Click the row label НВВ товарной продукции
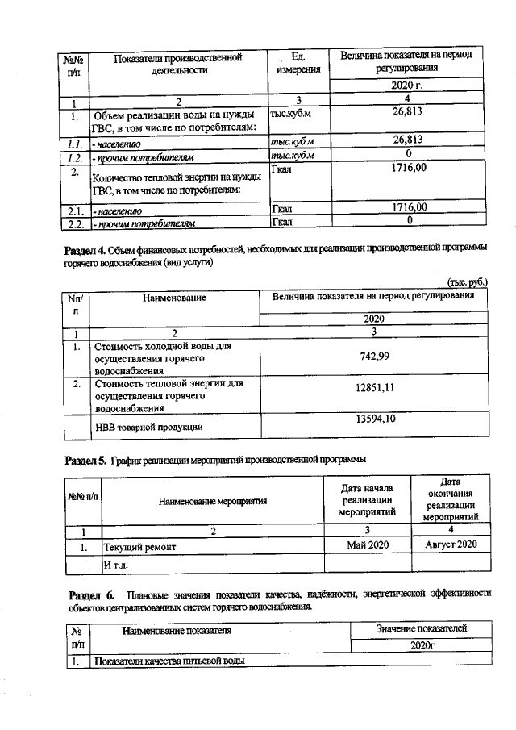(x=149, y=426)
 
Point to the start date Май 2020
(x=368, y=545)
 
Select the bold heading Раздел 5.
(x=85, y=460)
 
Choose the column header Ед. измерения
(x=298, y=63)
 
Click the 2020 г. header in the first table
(x=408, y=85)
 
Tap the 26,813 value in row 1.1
(x=408, y=140)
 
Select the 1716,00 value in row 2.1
(x=408, y=207)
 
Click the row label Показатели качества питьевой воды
(x=169, y=661)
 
